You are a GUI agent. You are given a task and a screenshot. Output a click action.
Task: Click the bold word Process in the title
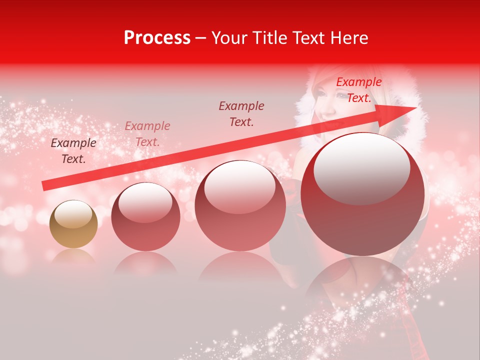tap(157, 38)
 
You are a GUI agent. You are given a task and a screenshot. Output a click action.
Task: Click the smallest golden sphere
tap(73, 224)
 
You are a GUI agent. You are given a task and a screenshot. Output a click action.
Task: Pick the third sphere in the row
tap(240, 205)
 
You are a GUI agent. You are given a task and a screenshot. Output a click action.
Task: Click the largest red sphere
tap(362, 194)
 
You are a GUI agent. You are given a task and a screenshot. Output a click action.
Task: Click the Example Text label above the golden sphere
tap(73, 150)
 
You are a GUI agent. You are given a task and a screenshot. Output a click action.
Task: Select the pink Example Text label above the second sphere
tap(147, 134)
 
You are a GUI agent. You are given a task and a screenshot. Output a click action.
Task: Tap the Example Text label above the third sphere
tap(241, 113)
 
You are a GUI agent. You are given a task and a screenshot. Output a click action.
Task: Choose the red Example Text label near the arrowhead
tap(358, 90)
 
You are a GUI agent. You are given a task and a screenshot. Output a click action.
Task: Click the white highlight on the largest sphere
tap(361, 168)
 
